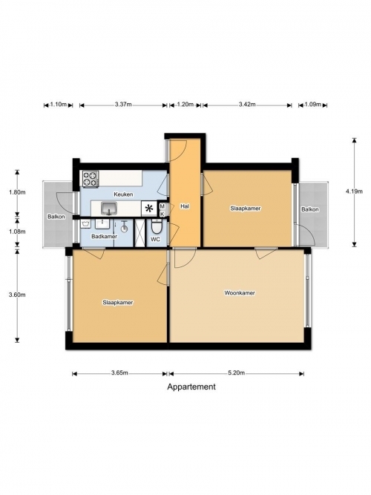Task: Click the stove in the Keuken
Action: [x=91, y=179]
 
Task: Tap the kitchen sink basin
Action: [x=109, y=208]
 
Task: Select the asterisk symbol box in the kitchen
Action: [x=148, y=209]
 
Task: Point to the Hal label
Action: [x=185, y=206]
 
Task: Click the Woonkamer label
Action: [x=240, y=293]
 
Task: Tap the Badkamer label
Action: [x=104, y=236]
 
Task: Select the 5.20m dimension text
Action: [x=237, y=373]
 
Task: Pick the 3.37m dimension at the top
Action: [x=123, y=105]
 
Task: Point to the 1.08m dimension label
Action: [x=17, y=232]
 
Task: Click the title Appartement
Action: [x=191, y=387]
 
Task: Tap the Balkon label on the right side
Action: [x=309, y=209]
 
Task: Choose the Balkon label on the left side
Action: [x=56, y=217]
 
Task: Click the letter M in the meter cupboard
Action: [x=162, y=206]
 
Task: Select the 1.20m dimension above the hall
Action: [x=185, y=105]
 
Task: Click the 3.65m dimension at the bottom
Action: [x=119, y=373]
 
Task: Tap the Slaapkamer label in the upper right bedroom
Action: [x=246, y=209]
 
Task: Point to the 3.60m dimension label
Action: [x=17, y=295]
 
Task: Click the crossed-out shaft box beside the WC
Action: [x=139, y=233]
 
